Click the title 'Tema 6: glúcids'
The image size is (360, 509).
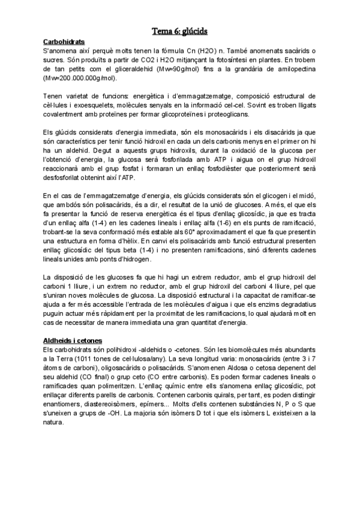pyautogui.click(x=179, y=31)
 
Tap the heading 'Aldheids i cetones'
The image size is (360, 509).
pyautogui.click(x=73, y=340)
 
